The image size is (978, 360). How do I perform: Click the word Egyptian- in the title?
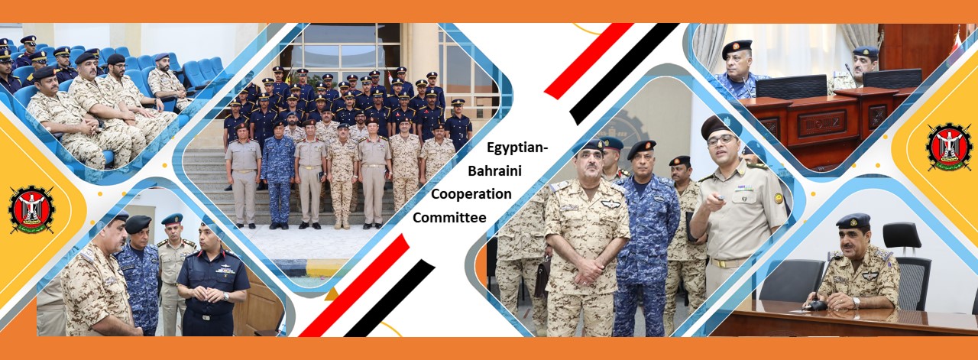pyautogui.click(x=517, y=148)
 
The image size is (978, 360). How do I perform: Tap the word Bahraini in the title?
pyautogui.click(x=494, y=170)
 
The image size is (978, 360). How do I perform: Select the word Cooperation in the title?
pyautogui.click(x=471, y=194)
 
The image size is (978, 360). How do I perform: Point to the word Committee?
pyautogui.click(x=449, y=217)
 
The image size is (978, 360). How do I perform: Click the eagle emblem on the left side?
pyautogui.click(x=31, y=209)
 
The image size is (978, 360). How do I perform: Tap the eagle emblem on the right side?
pyautogui.click(x=949, y=147)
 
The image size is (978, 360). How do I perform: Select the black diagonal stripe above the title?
pyautogui.click(x=624, y=73)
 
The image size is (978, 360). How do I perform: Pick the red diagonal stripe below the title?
pyautogui.click(x=354, y=286)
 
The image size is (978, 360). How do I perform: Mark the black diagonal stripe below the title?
pyautogui.click(x=390, y=298)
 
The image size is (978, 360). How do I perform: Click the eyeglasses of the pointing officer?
pyautogui.click(x=721, y=141)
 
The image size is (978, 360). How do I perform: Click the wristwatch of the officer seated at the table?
pyautogui.click(x=857, y=302)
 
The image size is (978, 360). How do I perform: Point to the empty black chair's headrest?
pyautogui.click(x=902, y=235)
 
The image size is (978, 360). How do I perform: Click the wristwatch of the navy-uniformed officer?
pyautogui.click(x=225, y=297)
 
